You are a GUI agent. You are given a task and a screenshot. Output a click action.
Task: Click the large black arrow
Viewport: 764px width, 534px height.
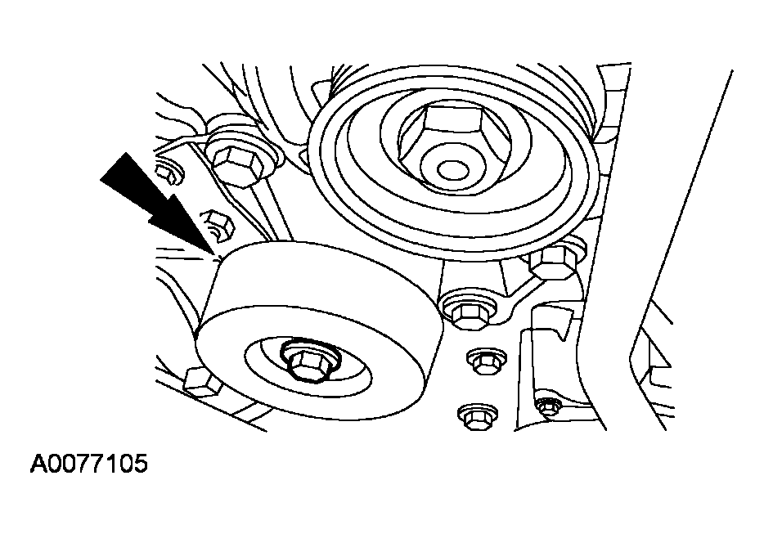[161, 204]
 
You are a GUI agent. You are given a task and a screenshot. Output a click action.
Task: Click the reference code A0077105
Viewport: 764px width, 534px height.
[88, 464]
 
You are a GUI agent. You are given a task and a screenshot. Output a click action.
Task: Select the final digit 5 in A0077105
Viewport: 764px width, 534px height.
[140, 464]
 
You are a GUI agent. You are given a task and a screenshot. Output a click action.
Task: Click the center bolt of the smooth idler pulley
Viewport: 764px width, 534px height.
[305, 363]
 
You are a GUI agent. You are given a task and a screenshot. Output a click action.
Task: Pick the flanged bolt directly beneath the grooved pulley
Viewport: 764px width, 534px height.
[466, 311]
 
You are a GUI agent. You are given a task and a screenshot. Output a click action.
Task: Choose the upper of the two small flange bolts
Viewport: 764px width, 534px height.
[486, 361]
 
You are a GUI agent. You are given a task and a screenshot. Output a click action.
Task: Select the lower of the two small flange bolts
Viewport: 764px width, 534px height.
[478, 415]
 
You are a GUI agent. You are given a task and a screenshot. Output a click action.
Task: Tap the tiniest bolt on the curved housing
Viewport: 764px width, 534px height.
[546, 406]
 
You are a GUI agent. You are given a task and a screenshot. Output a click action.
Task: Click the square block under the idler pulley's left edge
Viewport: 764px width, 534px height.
[199, 382]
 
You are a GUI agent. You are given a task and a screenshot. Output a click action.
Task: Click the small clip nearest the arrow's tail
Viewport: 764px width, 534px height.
[169, 173]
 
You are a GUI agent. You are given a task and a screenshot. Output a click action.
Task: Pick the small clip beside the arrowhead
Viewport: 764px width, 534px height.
[219, 225]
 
